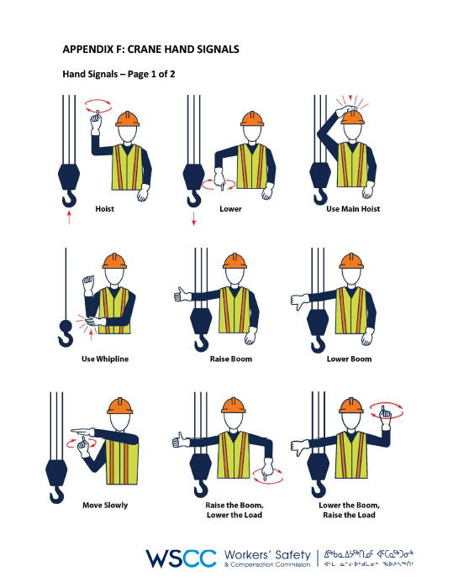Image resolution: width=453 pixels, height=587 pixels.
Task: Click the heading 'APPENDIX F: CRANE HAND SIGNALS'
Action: (150, 50)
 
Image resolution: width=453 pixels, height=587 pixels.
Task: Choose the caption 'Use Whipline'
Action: (105, 359)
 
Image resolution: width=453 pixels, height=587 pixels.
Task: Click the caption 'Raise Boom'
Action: (230, 359)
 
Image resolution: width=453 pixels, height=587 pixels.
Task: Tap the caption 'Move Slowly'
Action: (105, 505)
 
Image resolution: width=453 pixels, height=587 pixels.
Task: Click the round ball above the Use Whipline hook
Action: (65, 325)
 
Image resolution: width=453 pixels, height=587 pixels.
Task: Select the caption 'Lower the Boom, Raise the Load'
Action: (353, 510)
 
